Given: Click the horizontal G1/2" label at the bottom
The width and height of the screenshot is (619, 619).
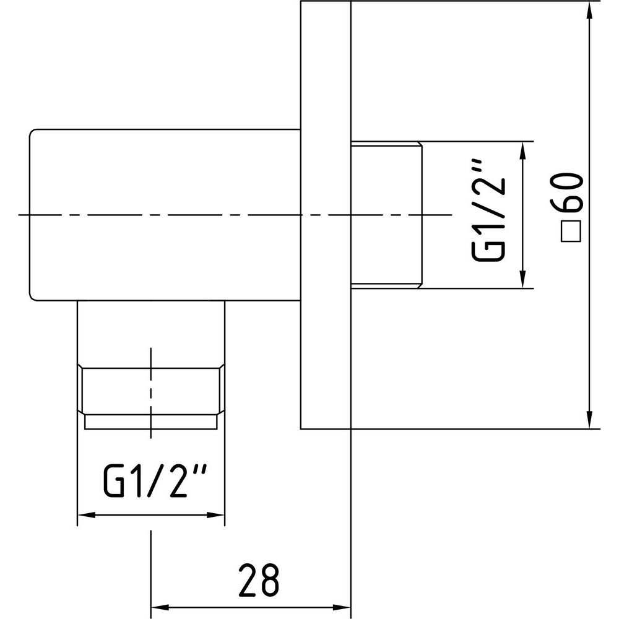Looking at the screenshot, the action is pyautogui.click(x=155, y=481).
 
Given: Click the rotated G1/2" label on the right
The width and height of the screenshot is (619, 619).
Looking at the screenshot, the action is pyautogui.click(x=488, y=210).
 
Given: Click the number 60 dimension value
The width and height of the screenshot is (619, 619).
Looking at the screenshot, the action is pyautogui.click(x=571, y=193).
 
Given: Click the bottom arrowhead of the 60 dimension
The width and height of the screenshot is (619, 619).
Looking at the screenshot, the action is pyautogui.click(x=589, y=420).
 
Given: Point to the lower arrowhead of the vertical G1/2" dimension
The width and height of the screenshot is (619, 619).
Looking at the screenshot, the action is pyautogui.click(x=523, y=279).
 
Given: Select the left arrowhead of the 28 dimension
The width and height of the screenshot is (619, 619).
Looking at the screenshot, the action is pyautogui.click(x=160, y=607).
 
